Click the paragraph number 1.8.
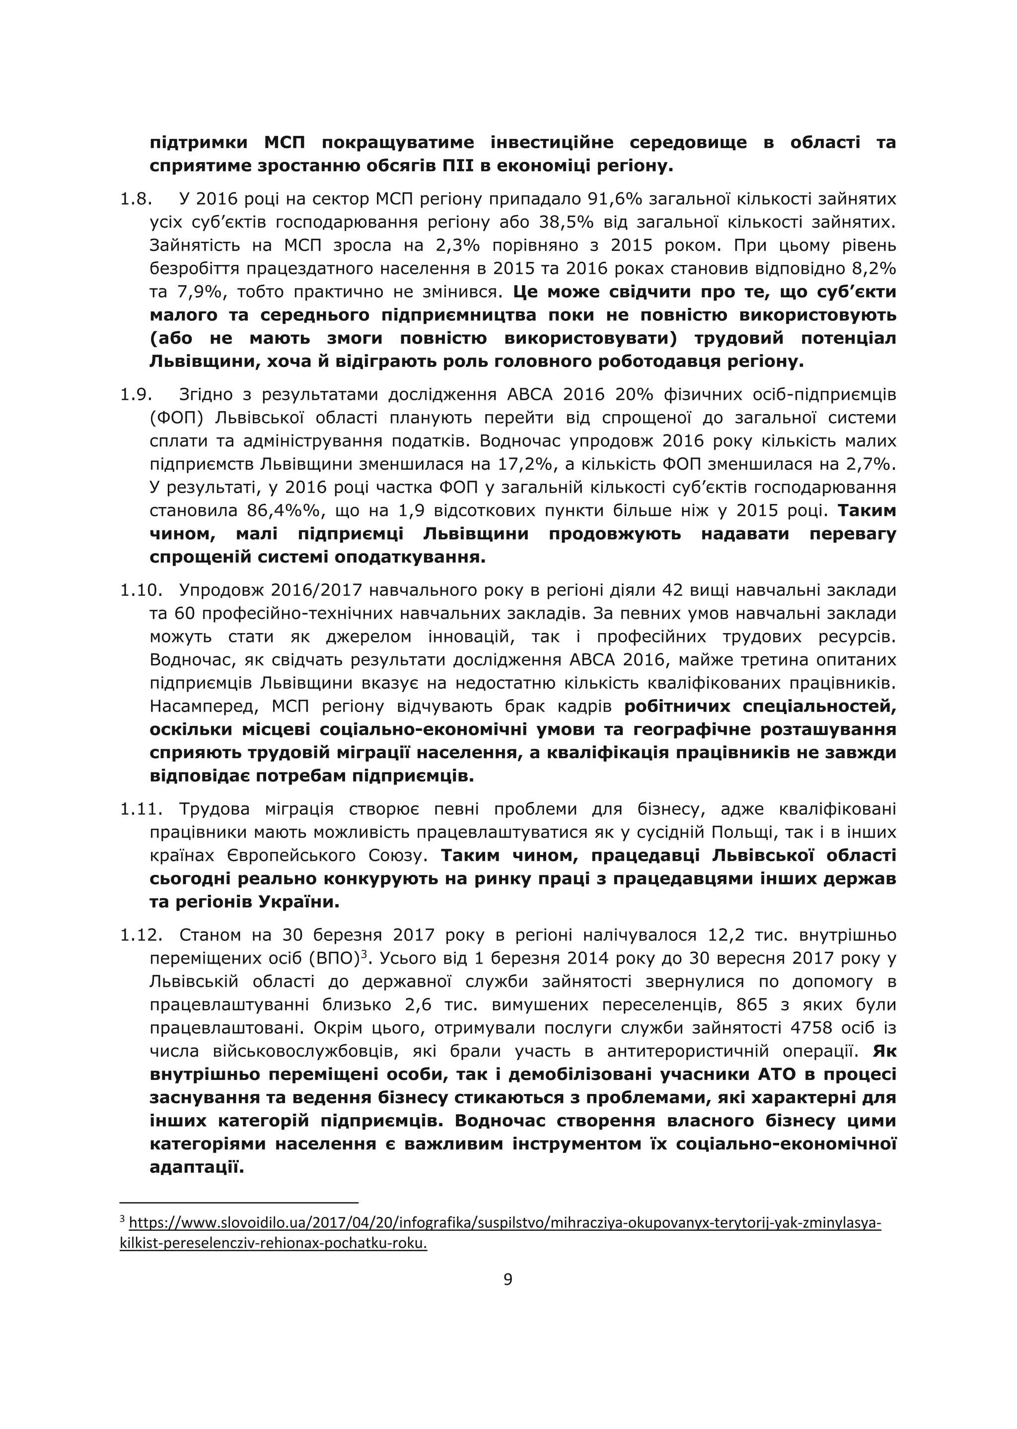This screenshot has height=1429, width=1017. click(x=136, y=199)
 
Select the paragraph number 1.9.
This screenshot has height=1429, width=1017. click(x=136, y=395)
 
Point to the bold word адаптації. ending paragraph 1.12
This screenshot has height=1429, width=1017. click(x=196, y=1167)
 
